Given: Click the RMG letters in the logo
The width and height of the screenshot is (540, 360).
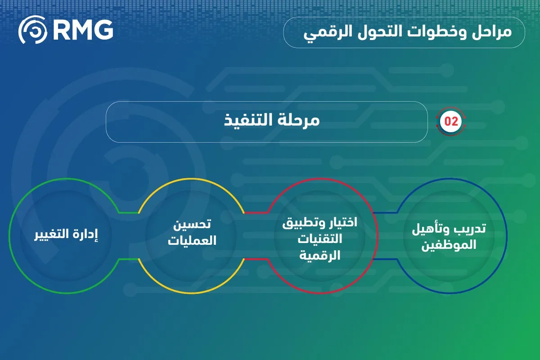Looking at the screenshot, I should pyautogui.click(x=83, y=30).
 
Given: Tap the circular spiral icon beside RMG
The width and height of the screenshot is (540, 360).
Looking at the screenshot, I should pyautogui.click(x=32, y=30).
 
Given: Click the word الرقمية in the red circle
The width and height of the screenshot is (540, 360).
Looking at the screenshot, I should pyautogui.click(x=319, y=256).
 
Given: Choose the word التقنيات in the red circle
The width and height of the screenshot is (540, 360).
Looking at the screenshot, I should pyautogui.click(x=319, y=239).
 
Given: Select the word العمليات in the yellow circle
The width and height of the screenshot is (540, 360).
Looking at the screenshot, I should pyautogui.click(x=193, y=241).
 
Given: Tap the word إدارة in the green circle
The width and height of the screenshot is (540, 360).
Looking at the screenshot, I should pyautogui.click(x=85, y=235).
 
